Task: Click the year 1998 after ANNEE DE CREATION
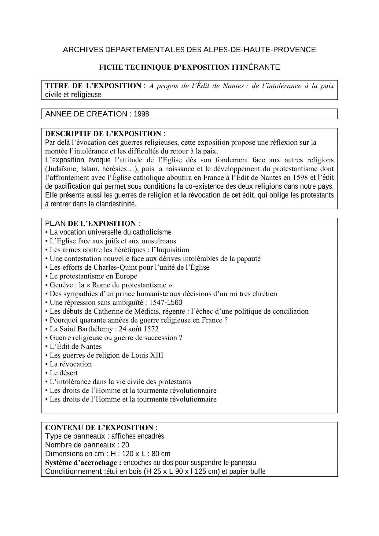[x=142, y=114]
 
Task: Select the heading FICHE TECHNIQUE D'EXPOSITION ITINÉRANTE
[x=189, y=67]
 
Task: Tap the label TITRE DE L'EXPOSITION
[x=93, y=86]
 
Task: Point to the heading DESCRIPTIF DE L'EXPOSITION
[x=103, y=134]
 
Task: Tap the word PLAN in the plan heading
[x=55, y=224]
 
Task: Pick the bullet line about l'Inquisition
[x=119, y=250]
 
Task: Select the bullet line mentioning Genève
[x=111, y=285]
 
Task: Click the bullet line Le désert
[x=64, y=373]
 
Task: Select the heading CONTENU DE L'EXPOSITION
[x=99, y=427]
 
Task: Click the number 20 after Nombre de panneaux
[x=125, y=445]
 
